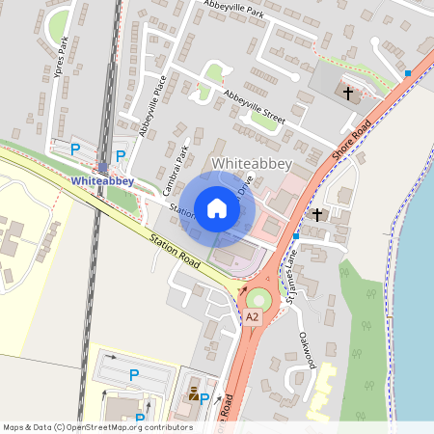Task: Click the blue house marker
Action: pyautogui.click(x=217, y=207)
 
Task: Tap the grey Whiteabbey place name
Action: pyautogui.click(x=251, y=163)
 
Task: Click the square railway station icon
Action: pyautogui.click(x=102, y=166)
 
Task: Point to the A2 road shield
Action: pyautogui.click(x=252, y=316)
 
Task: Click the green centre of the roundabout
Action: pyautogui.click(x=258, y=297)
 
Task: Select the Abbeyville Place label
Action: pyautogui.click(x=153, y=105)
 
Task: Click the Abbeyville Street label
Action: pyautogui.click(x=255, y=105)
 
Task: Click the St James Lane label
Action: pyautogui.click(x=288, y=271)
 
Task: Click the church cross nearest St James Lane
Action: pyautogui.click(x=317, y=213)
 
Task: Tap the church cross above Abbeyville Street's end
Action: pyautogui.click(x=350, y=94)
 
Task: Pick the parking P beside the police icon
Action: pyautogui.click(x=204, y=397)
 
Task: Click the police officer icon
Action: pyautogui.click(x=193, y=393)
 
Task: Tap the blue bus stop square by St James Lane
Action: pyautogui.click(x=296, y=235)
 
